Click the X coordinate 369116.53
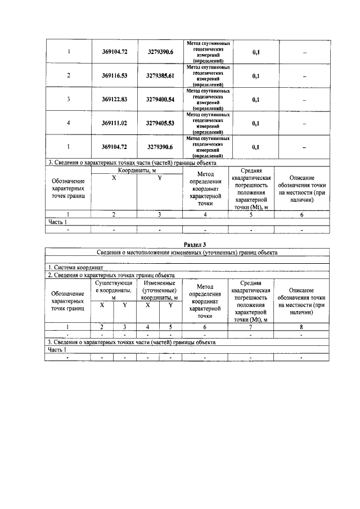pos(115,75)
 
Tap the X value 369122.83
pos(115,100)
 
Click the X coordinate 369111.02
pos(115,123)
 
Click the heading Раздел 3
pos(196,245)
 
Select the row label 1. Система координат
pos(72,268)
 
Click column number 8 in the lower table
pos(301,326)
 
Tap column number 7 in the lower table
pos(250,326)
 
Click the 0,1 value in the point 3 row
pos(255,100)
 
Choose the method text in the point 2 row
pos(208,75)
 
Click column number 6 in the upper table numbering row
pos(302,214)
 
